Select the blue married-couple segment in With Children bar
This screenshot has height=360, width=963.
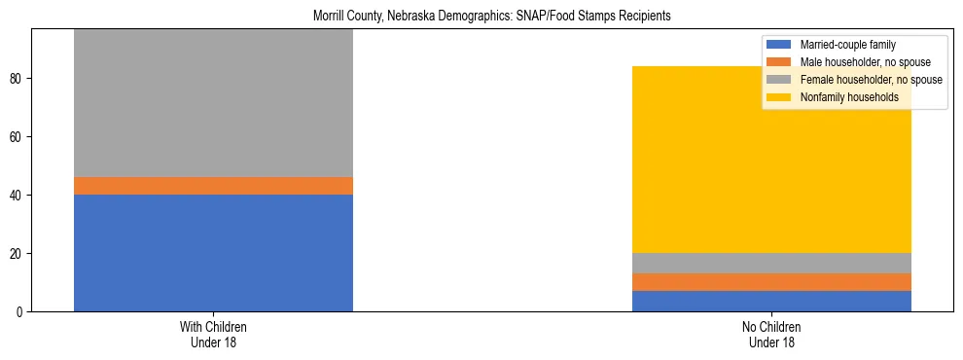pyautogui.click(x=213, y=253)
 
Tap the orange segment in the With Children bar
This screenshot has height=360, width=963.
pyautogui.click(x=213, y=186)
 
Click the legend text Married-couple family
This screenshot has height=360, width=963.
pyautogui.click(x=846, y=45)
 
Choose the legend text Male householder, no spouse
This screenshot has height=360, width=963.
pyautogui.click(x=862, y=62)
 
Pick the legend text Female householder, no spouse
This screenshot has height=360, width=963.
pyautogui.click(x=870, y=80)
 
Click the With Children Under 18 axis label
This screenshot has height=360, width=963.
pyautogui.click(x=213, y=334)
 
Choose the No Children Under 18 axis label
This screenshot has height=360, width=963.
pyautogui.click(x=771, y=334)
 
